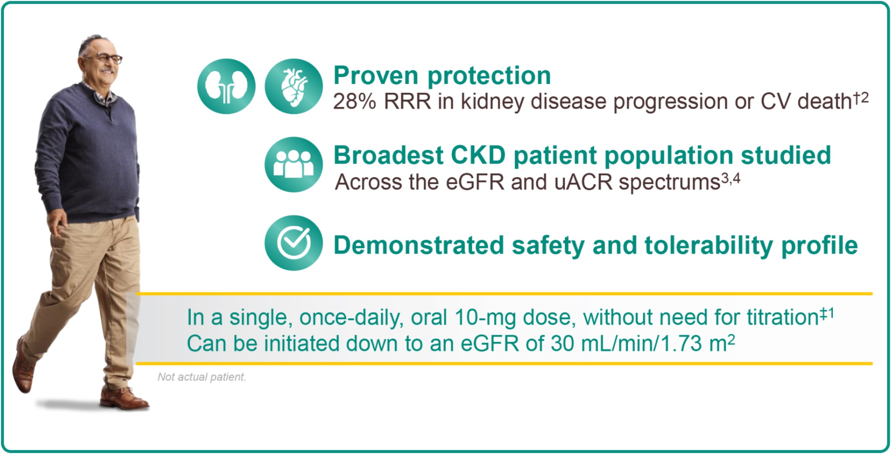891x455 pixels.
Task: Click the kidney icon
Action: pyautogui.click(x=226, y=86)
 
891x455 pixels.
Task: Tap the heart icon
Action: pyautogui.click(x=294, y=86)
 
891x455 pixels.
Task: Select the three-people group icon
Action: pyautogui.click(x=294, y=165)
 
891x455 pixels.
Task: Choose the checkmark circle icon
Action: pyautogui.click(x=294, y=243)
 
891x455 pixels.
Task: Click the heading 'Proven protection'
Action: pyautogui.click(x=442, y=75)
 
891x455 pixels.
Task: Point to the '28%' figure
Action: pyautogui.click(x=355, y=102)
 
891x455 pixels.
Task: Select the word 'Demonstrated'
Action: pyautogui.click(x=419, y=245)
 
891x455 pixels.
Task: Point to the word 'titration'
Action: pyautogui.click(x=782, y=317)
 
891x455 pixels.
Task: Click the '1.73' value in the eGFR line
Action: pyautogui.click(x=681, y=344)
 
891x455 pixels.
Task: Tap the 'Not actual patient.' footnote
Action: pyautogui.click(x=202, y=377)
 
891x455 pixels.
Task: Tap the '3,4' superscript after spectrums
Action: pyautogui.click(x=731, y=179)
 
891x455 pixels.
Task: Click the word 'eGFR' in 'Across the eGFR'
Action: pyautogui.click(x=475, y=183)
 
